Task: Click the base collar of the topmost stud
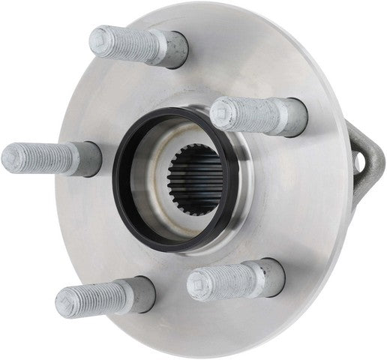tap(174, 50)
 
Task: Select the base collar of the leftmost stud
tap(89, 159)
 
